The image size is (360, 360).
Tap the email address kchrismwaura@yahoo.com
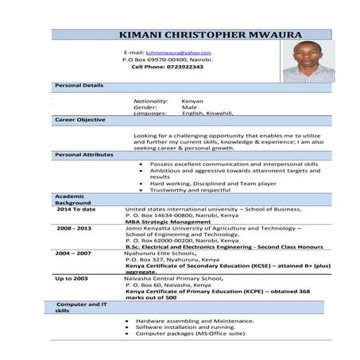pos(179,52)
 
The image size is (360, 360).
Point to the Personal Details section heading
pos(79,85)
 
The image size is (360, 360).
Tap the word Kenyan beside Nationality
pos(192,101)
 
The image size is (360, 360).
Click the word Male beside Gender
pos(189,107)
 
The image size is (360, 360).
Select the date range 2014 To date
pos(76,209)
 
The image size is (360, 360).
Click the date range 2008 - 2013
pos(74,228)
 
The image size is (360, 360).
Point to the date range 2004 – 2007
pos(73,253)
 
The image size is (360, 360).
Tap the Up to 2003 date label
pos(72,279)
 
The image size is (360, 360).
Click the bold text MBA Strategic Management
pos(166,222)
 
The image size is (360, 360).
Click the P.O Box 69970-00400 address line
pos(167,60)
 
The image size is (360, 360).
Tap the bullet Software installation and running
pos(185,327)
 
